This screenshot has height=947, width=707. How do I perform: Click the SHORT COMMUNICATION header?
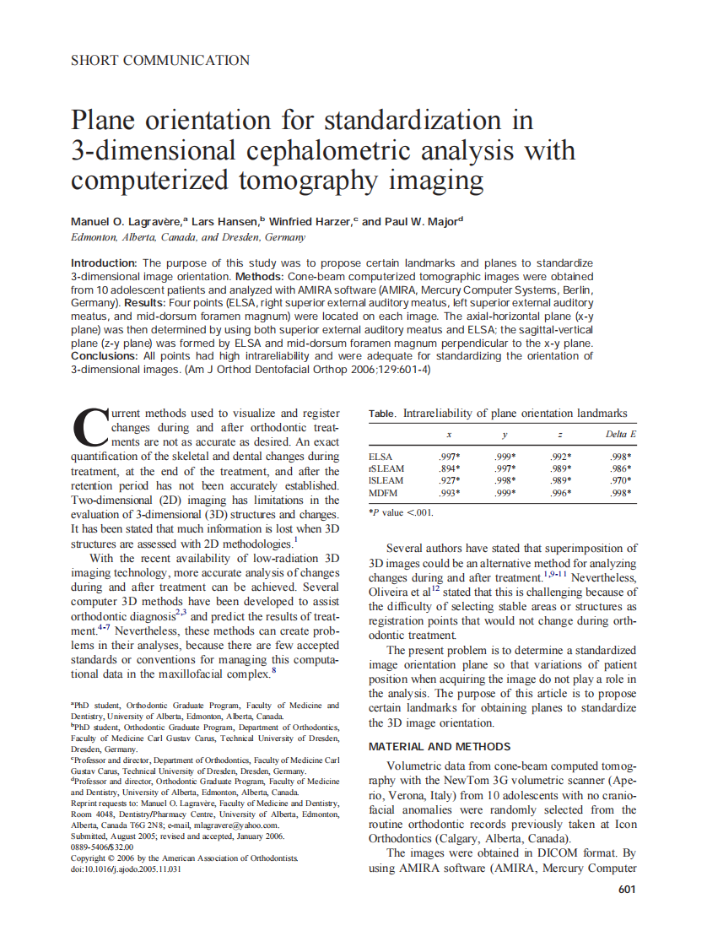coord(160,60)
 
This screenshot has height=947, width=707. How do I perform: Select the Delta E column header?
coord(621,434)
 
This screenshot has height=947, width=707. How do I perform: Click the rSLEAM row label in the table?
coord(386,468)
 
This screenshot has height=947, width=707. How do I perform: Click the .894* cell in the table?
coord(449,468)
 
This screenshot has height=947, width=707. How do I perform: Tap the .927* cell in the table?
coord(449,480)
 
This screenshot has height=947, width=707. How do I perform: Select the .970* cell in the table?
coord(621,480)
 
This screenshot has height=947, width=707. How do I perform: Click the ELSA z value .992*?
coord(561,457)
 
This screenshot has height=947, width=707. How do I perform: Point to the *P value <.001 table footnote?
coord(401,511)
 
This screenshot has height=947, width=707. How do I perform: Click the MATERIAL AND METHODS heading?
coord(440,746)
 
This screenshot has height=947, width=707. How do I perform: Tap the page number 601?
coord(627,889)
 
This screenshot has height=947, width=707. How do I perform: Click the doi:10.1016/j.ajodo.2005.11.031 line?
coord(126,869)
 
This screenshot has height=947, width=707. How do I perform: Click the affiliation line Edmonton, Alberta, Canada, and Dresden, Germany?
coord(187,238)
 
